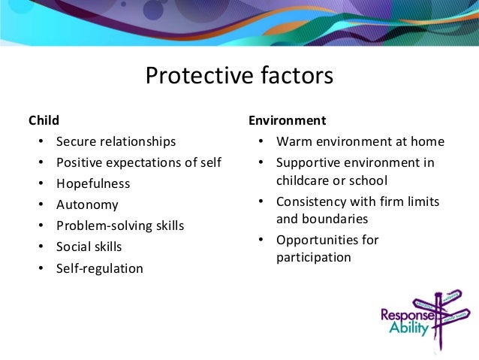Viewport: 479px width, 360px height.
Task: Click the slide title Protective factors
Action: click(x=239, y=77)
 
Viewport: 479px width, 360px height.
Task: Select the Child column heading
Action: click(x=44, y=119)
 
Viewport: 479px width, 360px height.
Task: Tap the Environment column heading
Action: click(x=287, y=119)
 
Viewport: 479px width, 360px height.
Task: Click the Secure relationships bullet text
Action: click(x=116, y=141)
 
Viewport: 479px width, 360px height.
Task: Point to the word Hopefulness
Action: click(x=93, y=183)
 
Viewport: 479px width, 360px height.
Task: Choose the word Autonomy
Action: click(x=87, y=204)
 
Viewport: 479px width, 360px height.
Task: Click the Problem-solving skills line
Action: click(x=120, y=225)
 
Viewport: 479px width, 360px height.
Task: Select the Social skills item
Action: click(x=89, y=247)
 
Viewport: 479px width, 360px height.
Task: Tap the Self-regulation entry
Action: click(x=99, y=268)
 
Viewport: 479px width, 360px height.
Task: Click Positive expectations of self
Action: click(x=138, y=162)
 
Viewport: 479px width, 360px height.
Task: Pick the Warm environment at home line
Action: click(x=360, y=141)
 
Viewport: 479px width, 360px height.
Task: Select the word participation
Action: click(x=313, y=257)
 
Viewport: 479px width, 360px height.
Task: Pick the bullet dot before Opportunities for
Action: click(x=259, y=241)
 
